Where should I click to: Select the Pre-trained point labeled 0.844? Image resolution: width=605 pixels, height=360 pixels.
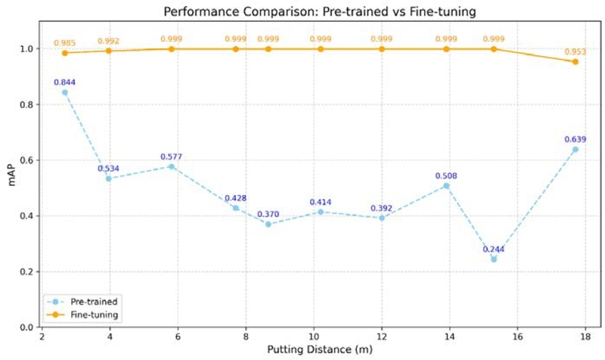(x=64, y=92)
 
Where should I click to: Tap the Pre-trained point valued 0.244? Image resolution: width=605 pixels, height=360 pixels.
(x=494, y=259)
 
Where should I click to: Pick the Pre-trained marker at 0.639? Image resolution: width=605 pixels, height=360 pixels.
(x=576, y=149)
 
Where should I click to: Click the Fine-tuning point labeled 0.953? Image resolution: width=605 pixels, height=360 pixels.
(x=576, y=61)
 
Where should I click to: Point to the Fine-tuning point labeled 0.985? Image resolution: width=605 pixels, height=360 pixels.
(x=64, y=53)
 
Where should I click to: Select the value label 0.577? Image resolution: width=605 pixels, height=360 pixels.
(x=171, y=157)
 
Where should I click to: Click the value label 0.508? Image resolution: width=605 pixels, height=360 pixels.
(x=446, y=176)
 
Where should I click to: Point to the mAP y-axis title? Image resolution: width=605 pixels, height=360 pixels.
(x=11, y=188)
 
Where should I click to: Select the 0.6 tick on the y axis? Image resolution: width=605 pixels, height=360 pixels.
(x=28, y=160)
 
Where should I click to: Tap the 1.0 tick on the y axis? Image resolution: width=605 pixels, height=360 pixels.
(x=28, y=49)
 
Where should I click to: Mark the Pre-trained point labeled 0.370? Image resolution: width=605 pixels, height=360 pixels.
(x=268, y=224)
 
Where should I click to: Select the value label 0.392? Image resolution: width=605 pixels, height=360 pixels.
(x=382, y=208)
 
